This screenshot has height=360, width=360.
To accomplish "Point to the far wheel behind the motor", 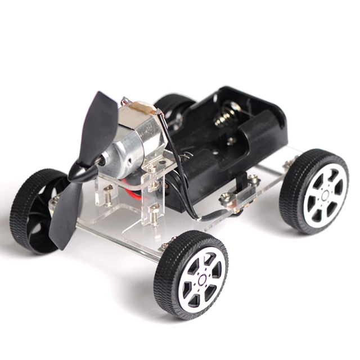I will pos(172,107).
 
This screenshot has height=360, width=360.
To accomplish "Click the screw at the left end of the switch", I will pos(226,197).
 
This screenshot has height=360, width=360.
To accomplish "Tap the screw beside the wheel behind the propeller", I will pos(55,199).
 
